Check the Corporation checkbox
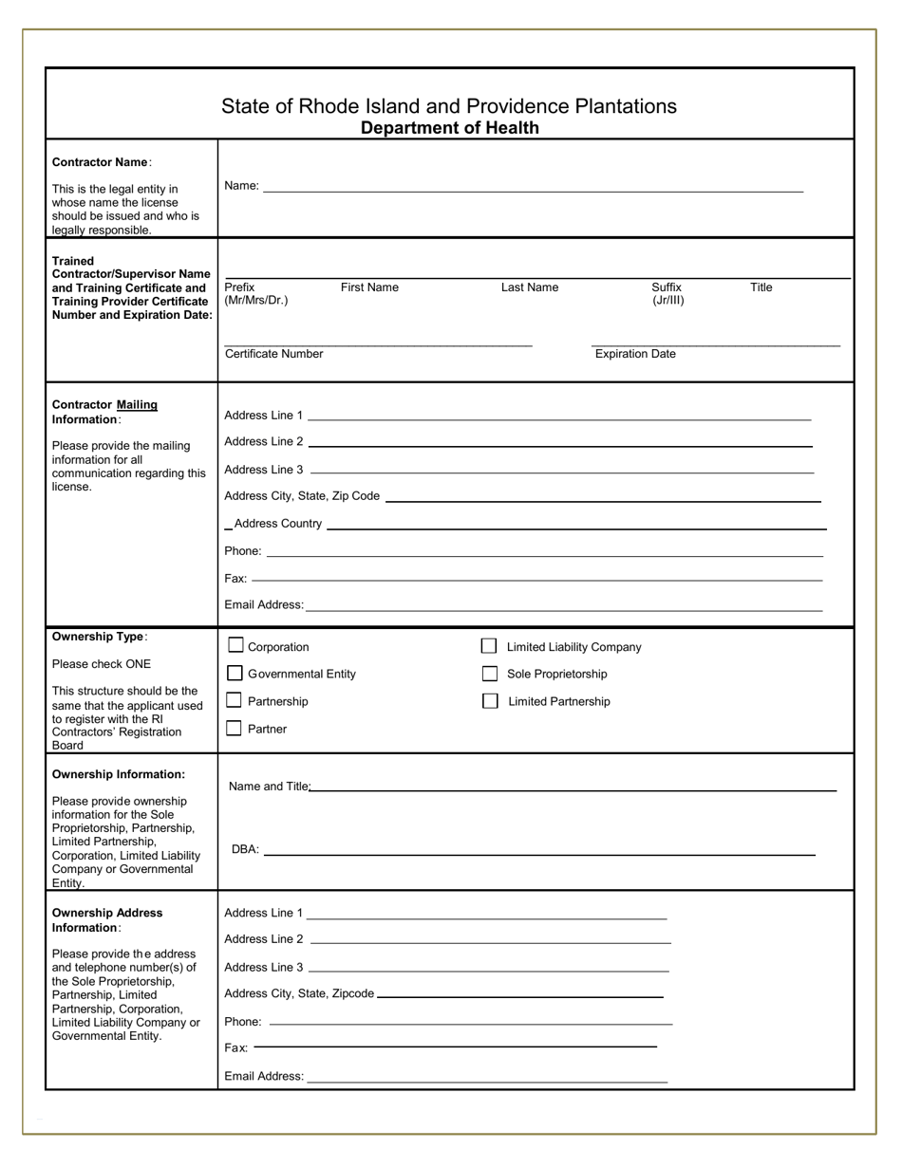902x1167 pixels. [235, 645]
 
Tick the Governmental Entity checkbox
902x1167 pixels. [235, 673]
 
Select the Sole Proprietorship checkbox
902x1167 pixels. [490, 674]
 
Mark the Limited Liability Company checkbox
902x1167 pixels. [489, 646]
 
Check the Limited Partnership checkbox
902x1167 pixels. [490, 701]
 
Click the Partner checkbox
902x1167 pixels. [234, 729]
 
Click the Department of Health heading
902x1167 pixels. [449, 128]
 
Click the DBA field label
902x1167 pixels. [245, 849]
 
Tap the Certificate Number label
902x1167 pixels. [273, 354]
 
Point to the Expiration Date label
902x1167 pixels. [635, 354]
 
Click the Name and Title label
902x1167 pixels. [270, 787]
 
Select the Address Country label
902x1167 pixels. [277, 524]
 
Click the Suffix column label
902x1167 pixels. [667, 287]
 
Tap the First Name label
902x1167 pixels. [369, 287]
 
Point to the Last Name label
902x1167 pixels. [530, 287]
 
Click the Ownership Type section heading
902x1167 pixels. [99, 637]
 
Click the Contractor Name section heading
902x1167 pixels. [100, 162]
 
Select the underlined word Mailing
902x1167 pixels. [137, 405]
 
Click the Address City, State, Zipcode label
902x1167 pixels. [299, 993]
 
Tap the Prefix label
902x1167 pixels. [239, 287]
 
